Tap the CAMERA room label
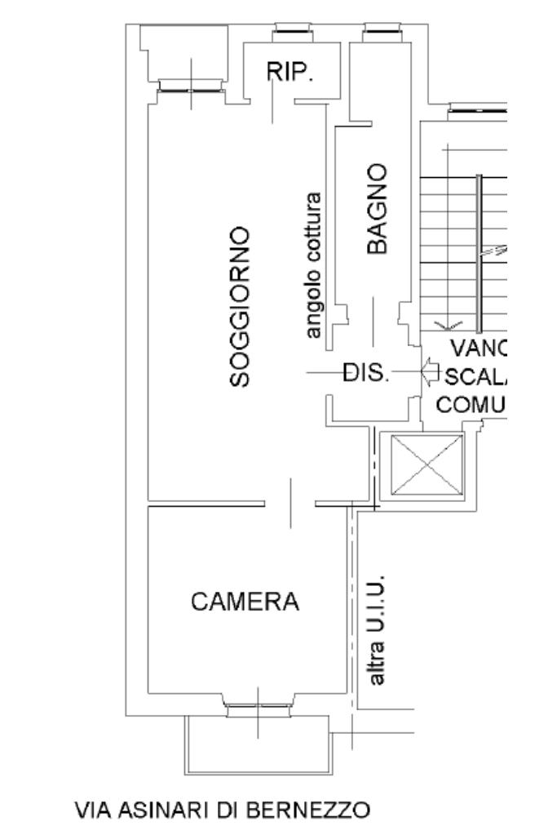point(245,602)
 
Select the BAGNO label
point(376,209)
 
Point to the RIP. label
point(290,73)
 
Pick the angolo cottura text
point(313,265)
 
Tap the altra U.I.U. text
point(376,633)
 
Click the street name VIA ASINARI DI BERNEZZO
point(222,811)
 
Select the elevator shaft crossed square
point(427,464)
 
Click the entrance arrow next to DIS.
point(430,372)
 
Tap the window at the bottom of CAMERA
point(258,708)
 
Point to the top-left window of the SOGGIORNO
point(192,85)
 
